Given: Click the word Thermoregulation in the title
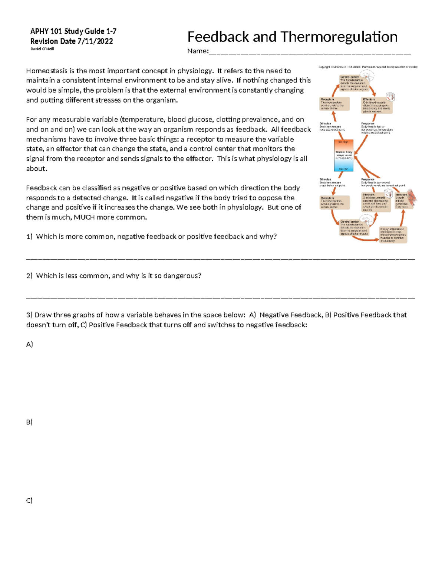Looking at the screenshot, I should [339, 37].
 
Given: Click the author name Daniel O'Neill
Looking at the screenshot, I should [42, 49].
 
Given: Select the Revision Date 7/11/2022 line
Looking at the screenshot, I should [72, 41].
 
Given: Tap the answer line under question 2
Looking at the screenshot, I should [221, 297].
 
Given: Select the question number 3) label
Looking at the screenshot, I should [29, 315].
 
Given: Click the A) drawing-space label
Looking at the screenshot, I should [29, 344].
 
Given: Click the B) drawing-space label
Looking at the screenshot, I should [29, 422].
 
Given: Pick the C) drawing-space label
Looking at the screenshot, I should [29, 501].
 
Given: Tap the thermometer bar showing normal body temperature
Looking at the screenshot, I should [344, 155].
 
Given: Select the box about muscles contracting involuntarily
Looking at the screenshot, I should [393, 235].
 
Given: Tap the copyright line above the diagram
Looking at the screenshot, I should [368, 67].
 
